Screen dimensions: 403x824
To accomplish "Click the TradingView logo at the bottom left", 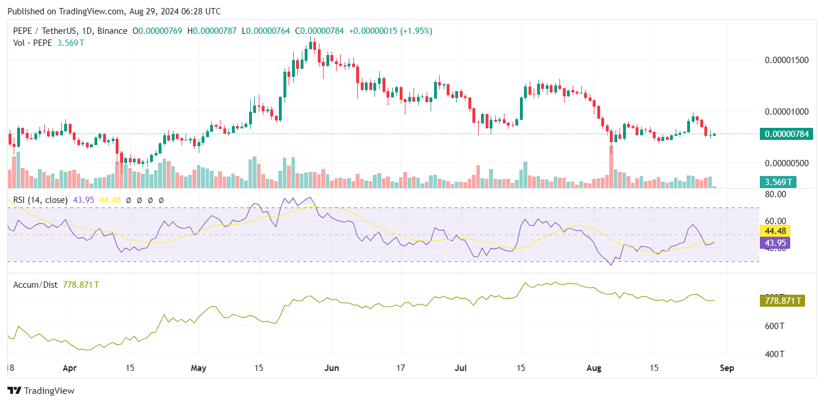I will tap(41, 390).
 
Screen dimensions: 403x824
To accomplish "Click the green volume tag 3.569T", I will tap(779, 182).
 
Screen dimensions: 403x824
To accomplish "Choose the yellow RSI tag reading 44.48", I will tap(774, 230).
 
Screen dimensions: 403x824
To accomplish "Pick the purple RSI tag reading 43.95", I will tap(774, 243).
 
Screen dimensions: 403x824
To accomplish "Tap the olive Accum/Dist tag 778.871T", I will tap(782, 300).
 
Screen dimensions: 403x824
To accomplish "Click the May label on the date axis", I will tap(199, 367).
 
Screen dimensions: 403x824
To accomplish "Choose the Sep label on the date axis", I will tap(727, 367).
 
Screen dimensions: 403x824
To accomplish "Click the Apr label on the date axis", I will tap(69, 367).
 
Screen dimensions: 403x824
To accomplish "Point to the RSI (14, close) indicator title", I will tap(40, 200).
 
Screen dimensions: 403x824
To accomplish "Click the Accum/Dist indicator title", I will tap(35, 284).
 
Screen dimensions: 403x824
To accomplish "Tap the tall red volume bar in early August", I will tap(611, 166).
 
